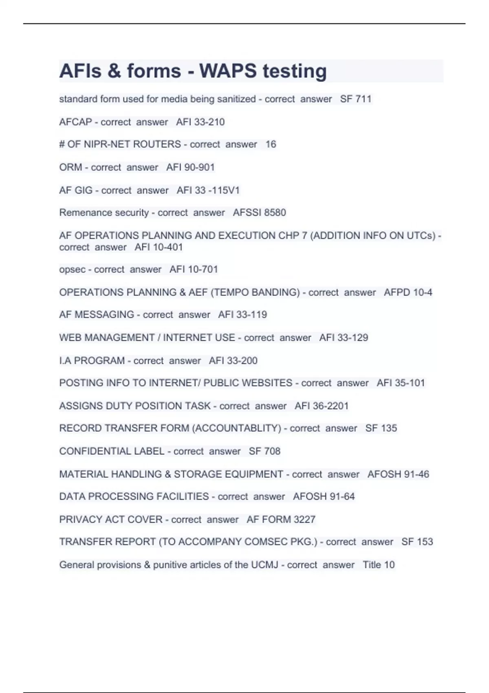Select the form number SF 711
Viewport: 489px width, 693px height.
pos(356,99)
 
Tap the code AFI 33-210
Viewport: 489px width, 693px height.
pos(200,122)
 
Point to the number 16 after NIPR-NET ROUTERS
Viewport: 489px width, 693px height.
pos(271,144)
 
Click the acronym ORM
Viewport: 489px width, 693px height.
pos(70,167)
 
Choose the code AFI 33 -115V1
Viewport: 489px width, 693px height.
pos(208,190)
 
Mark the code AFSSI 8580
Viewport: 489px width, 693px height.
pos(259,212)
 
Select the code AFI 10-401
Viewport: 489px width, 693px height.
pos(159,247)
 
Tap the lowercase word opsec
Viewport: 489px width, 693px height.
pos(72,269)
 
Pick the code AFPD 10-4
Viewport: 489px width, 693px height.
pos(408,292)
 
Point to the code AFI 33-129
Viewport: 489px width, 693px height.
pos(344,338)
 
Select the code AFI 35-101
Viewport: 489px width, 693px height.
pos(401,383)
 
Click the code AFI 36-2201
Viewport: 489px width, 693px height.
pos(322,406)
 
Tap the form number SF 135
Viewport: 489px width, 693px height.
pos(381,428)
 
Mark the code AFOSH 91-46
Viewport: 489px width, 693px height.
pos(398,474)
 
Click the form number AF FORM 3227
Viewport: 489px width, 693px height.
pos(281,519)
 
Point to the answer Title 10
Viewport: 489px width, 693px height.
pos(379,565)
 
